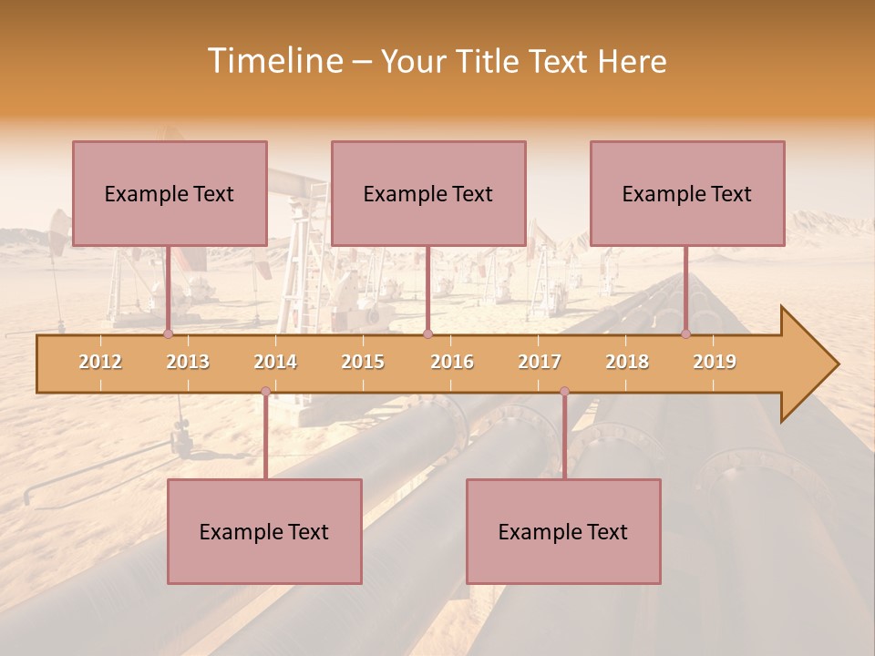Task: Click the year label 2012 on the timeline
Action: [x=100, y=362]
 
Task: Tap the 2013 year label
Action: [x=188, y=362]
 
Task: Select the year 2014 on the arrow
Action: [x=275, y=362]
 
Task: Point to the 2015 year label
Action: [x=363, y=362]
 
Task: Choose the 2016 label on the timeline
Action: [x=452, y=362]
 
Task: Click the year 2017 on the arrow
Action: [x=540, y=362]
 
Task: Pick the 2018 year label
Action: [x=627, y=362]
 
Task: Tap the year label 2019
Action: [x=715, y=362]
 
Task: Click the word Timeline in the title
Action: [x=273, y=61]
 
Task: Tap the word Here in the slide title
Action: [x=632, y=61]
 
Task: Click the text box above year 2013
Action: [x=170, y=193]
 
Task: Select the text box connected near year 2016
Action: [x=428, y=193]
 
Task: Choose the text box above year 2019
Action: [x=687, y=193]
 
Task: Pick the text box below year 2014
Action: [x=264, y=531]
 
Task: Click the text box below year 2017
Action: [x=563, y=531]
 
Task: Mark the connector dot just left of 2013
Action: [x=168, y=334]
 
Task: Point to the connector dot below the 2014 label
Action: [x=265, y=392]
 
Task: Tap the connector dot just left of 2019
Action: [x=685, y=334]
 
